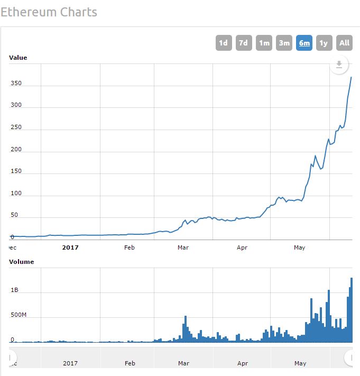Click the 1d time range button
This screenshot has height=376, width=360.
click(x=224, y=43)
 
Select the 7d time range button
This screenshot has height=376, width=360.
click(x=244, y=43)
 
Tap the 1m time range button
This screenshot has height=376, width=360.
click(x=264, y=43)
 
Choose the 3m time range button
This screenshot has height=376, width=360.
click(x=284, y=43)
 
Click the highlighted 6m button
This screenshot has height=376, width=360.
click(x=304, y=43)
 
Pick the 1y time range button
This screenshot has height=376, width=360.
click(x=324, y=43)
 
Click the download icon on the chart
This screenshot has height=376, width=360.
click(x=339, y=65)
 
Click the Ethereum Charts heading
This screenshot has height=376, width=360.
click(x=49, y=12)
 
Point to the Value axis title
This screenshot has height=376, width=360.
click(x=18, y=58)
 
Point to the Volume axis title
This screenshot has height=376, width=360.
click(x=21, y=262)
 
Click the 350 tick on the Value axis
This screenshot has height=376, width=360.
click(x=16, y=84)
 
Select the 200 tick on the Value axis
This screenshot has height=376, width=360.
click(x=16, y=149)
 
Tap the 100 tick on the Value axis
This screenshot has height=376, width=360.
click(x=16, y=193)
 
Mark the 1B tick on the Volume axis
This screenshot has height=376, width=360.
click(x=14, y=290)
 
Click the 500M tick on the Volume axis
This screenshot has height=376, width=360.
click(x=19, y=315)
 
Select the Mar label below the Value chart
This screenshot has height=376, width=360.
click(x=183, y=247)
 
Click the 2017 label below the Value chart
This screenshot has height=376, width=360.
click(x=70, y=247)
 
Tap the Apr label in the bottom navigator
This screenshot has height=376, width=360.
click(x=243, y=363)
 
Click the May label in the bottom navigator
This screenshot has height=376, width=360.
click(x=300, y=363)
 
